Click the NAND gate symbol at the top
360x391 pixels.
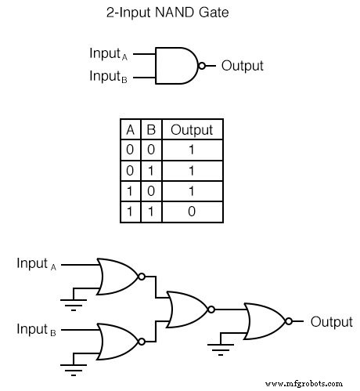pyautogui.click(x=178, y=66)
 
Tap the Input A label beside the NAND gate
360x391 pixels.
pyautogui.click(x=109, y=54)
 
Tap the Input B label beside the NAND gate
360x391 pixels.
pyautogui.click(x=109, y=77)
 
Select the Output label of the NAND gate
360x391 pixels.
pyautogui.click(x=243, y=66)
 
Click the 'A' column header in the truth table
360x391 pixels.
pyautogui.click(x=130, y=130)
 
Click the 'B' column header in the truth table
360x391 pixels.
pyautogui.click(x=151, y=130)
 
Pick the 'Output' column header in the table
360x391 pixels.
pyautogui.click(x=192, y=130)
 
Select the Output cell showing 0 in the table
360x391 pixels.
pyautogui.click(x=193, y=212)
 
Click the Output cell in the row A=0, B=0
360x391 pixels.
pyautogui.click(x=193, y=150)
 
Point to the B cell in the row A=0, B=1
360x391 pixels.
pyautogui.click(x=151, y=171)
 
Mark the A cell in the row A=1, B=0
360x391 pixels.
pyautogui.click(x=130, y=191)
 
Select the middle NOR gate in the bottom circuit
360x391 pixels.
pyautogui.click(x=187, y=309)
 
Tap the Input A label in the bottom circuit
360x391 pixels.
pyautogui.click(x=38, y=265)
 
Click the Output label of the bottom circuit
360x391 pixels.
pyautogui.click(x=332, y=321)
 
